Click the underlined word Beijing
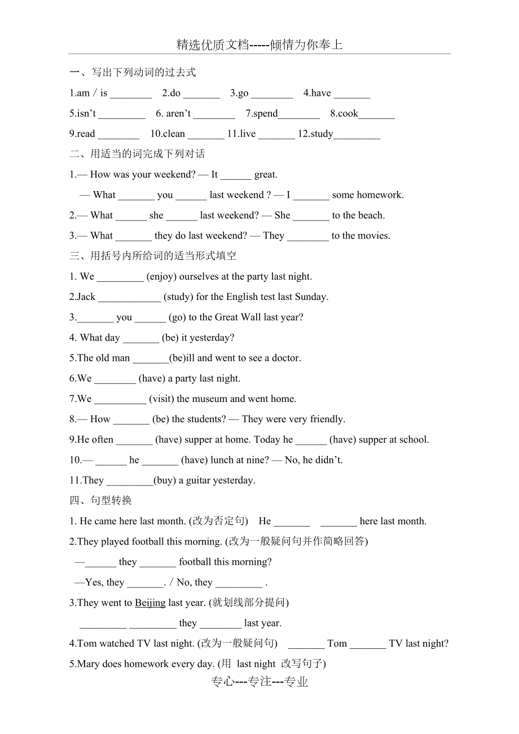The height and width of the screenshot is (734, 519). pos(150,603)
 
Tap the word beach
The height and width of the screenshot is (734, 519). pos(371,215)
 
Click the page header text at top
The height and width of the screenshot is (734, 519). pos(259,45)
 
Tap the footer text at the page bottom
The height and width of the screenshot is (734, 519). pos(259,682)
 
